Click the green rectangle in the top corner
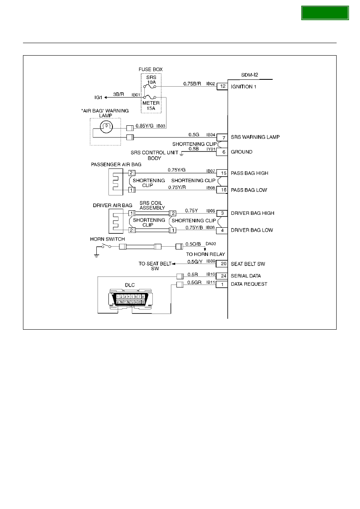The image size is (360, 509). (x=325, y=13)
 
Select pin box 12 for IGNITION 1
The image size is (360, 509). (x=222, y=86)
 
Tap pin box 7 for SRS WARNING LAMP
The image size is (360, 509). (x=222, y=137)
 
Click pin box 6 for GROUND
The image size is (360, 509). (x=222, y=152)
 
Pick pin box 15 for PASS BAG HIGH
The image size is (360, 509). (x=222, y=173)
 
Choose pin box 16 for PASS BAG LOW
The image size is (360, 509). (x=222, y=190)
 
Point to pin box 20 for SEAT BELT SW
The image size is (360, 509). (x=222, y=264)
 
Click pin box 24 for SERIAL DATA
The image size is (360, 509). (x=222, y=276)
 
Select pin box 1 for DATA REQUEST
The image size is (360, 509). (x=222, y=284)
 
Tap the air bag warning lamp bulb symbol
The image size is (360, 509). (x=106, y=127)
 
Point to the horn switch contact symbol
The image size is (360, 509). (x=106, y=246)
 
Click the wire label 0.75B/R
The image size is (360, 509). (x=192, y=84)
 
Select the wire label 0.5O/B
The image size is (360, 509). (x=193, y=244)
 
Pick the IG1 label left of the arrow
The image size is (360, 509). (x=98, y=98)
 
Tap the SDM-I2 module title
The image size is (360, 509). (x=250, y=75)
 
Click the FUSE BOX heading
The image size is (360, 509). (x=151, y=69)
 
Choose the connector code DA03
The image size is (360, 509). (x=211, y=244)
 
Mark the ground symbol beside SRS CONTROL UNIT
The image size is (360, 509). (x=181, y=154)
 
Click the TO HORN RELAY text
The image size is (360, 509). (x=206, y=254)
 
